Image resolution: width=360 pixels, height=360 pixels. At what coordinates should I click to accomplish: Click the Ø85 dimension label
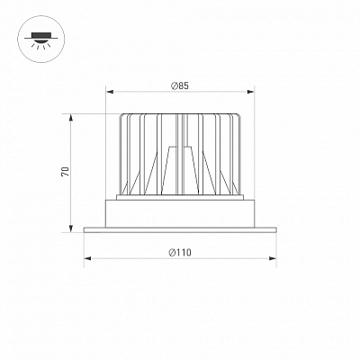(x=180, y=86)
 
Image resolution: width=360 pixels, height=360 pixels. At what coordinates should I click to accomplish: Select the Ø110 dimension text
(x=180, y=253)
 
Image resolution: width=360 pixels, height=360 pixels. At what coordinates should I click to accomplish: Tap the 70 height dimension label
(x=65, y=171)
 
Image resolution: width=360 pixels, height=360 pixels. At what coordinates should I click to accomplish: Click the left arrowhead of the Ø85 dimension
(x=111, y=92)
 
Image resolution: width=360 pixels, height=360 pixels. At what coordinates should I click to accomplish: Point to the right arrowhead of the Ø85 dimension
(x=250, y=92)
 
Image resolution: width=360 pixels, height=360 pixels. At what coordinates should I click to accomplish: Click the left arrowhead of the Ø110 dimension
(x=88, y=258)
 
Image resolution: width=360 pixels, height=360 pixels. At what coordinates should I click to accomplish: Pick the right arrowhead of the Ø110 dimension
(x=272, y=258)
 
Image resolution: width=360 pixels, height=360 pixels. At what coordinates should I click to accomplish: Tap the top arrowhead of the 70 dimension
(x=71, y=118)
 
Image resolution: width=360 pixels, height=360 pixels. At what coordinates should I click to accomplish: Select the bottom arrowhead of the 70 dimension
(x=71, y=229)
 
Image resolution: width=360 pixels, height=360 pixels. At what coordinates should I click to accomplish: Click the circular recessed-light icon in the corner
(x=41, y=40)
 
